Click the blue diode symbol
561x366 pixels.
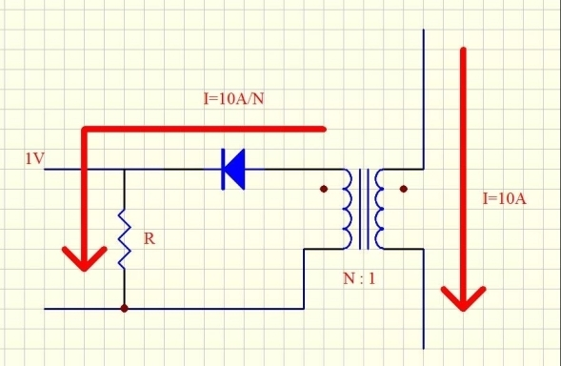233,169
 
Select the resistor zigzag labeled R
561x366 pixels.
124,239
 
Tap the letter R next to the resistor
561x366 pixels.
150,238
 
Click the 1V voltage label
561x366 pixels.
34,158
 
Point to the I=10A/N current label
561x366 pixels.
233,98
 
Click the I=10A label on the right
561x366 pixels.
504,198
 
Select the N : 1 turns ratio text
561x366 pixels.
359,278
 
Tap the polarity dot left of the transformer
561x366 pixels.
324,189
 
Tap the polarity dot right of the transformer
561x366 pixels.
404,189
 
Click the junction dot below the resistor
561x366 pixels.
124,309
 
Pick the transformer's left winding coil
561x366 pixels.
347,209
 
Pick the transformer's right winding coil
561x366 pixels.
379,209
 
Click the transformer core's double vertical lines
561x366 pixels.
364,209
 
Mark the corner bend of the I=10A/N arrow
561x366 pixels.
85,130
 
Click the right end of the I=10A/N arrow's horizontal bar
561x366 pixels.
324,129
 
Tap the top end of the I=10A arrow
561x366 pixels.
463,49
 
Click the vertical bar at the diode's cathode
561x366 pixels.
223,169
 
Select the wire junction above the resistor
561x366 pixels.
124,169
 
